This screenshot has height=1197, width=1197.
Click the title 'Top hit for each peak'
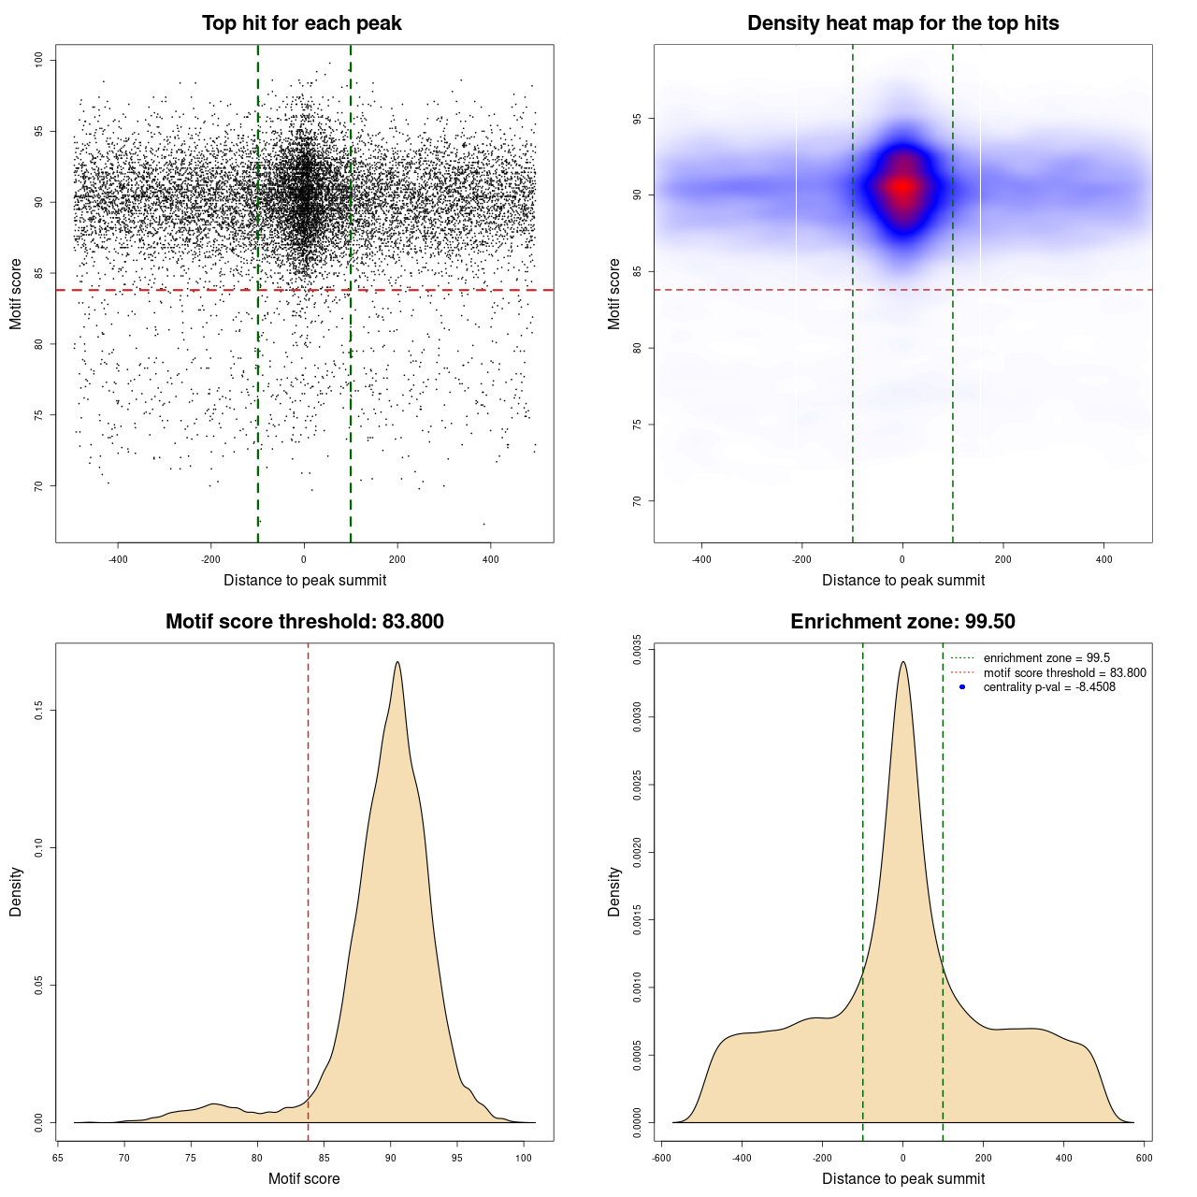301,23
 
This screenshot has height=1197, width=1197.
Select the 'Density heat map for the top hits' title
902,23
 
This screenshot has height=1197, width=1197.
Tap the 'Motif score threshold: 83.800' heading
304,622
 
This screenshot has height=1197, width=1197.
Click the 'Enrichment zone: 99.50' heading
902,622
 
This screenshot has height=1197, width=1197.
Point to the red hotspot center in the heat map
902,187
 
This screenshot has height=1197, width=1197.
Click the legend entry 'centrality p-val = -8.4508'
1049,687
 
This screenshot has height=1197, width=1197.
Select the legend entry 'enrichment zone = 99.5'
1046,658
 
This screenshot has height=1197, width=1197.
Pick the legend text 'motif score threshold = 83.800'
1064,673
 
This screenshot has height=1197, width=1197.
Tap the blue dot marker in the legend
962,687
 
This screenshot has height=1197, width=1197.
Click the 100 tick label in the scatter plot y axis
38,60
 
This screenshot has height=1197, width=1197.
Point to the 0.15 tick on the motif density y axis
38,711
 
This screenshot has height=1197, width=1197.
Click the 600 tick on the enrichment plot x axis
1144,1158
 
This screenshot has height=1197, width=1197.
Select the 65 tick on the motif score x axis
58,1158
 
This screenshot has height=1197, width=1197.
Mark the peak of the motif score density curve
397,662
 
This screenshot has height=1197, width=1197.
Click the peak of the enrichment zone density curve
902,662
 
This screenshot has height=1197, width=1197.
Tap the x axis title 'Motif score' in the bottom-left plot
304,1178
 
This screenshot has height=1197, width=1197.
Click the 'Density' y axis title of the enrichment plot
614,891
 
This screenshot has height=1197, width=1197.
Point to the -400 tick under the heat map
701,559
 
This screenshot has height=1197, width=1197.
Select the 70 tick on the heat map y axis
637,501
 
